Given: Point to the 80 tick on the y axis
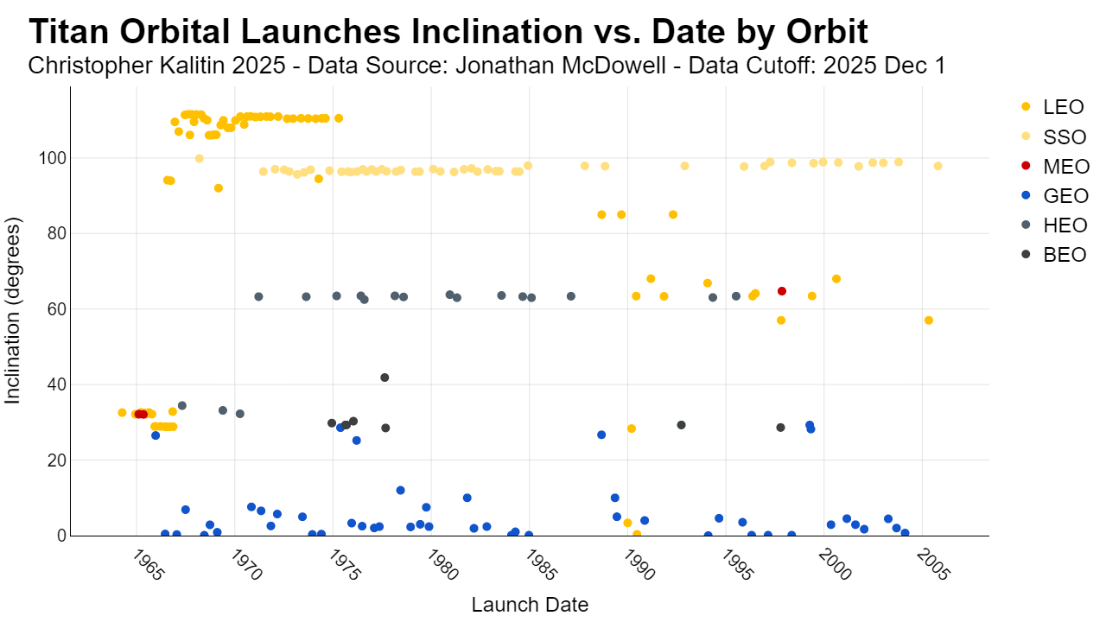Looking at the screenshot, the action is click(x=57, y=233).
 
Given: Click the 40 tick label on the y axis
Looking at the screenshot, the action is click(x=57, y=384).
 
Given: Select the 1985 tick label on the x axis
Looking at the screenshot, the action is click(x=541, y=566).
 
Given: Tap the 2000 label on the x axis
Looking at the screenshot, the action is click(x=835, y=566).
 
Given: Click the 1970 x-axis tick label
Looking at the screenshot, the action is click(x=246, y=566).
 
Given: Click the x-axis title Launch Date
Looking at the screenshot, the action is click(x=530, y=604).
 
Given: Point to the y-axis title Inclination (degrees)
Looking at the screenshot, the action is click(x=13, y=311).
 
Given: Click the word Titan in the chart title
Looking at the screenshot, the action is click(x=68, y=32).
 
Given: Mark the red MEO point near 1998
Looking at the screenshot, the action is click(x=782, y=291).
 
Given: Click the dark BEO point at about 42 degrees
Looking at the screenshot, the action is click(x=385, y=378).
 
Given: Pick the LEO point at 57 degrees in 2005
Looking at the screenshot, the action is click(x=928, y=321).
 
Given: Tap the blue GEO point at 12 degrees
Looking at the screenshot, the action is click(x=400, y=490).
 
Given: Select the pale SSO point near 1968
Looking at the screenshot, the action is click(x=199, y=158).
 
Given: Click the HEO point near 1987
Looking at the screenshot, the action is click(x=571, y=296).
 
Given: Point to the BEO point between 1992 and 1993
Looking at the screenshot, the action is click(x=682, y=425).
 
